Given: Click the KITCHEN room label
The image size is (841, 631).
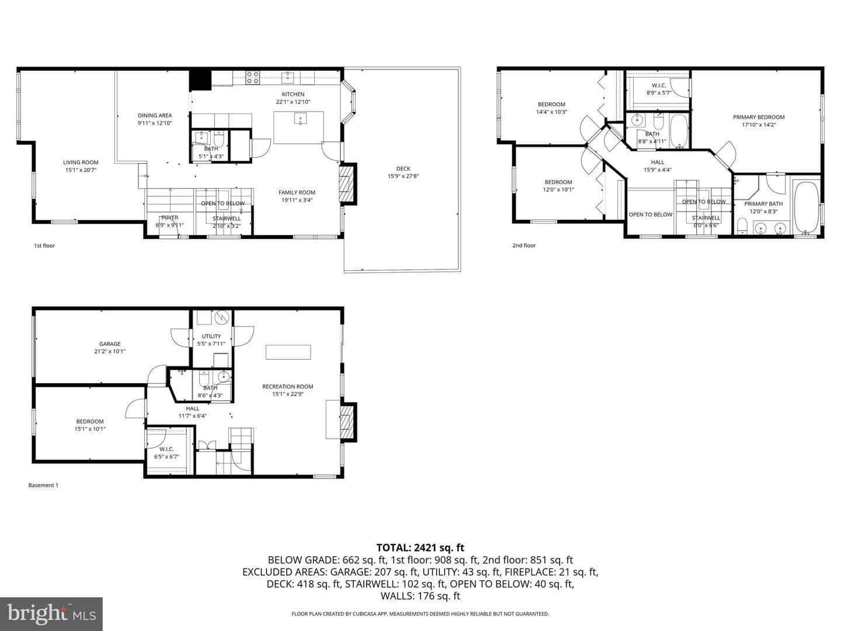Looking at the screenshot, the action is tap(293, 94).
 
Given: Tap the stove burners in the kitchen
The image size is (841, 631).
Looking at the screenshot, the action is tap(252, 77).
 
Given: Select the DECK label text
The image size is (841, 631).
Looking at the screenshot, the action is tap(403, 169).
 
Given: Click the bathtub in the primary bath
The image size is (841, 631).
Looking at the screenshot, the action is tap(806, 207).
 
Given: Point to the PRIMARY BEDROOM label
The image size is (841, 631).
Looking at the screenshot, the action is tap(759, 117).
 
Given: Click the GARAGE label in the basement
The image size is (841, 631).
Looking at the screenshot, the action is tap(110, 344).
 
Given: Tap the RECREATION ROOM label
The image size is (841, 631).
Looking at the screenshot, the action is tap(288, 387).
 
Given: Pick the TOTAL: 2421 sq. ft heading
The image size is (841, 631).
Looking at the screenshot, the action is tap(420, 548).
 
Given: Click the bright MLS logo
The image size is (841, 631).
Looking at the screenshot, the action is tap(51, 614).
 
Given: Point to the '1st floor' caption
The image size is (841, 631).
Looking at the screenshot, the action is tap(44, 246).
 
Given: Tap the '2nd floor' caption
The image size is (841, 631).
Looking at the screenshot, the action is tap(524, 245).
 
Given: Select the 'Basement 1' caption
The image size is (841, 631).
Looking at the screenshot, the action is tap(43, 486).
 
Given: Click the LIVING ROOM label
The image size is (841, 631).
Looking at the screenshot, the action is tap(81, 162).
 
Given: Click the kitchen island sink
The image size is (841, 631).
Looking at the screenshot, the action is tap(300, 119).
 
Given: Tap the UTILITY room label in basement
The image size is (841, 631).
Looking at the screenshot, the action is tap(211, 337).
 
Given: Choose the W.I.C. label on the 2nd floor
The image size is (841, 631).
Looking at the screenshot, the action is tap(659, 85).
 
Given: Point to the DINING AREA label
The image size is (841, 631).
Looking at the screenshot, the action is tap(155, 115).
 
